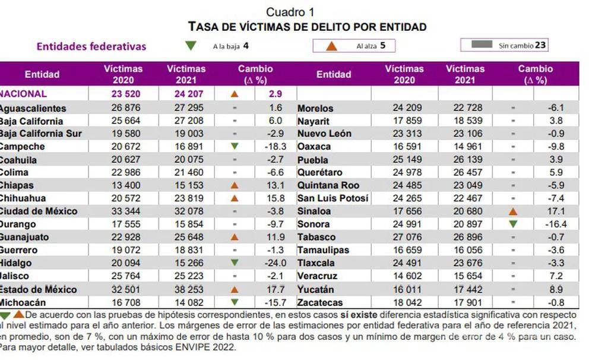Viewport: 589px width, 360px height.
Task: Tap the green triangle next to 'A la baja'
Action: [x=191, y=45]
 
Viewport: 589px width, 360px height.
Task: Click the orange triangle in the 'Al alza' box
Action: [x=332, y=46]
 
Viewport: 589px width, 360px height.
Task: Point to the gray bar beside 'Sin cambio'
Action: [x=481, y=45]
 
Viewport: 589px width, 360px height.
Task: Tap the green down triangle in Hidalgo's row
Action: [x=235, y=263]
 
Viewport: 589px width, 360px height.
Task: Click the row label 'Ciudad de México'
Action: [x=39, y=211]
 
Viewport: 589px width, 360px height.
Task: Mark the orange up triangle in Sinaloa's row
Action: [x=513, y=211]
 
